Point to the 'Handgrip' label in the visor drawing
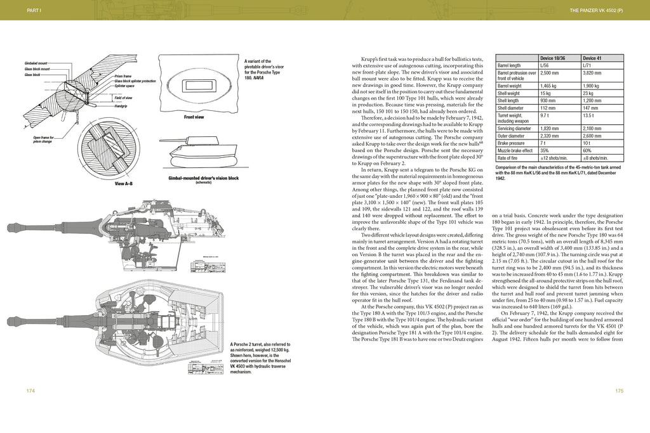(122, 106)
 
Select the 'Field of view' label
(123, 98)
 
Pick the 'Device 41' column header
(592, 58)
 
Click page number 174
(30, 391)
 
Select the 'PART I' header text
(30, 11)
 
